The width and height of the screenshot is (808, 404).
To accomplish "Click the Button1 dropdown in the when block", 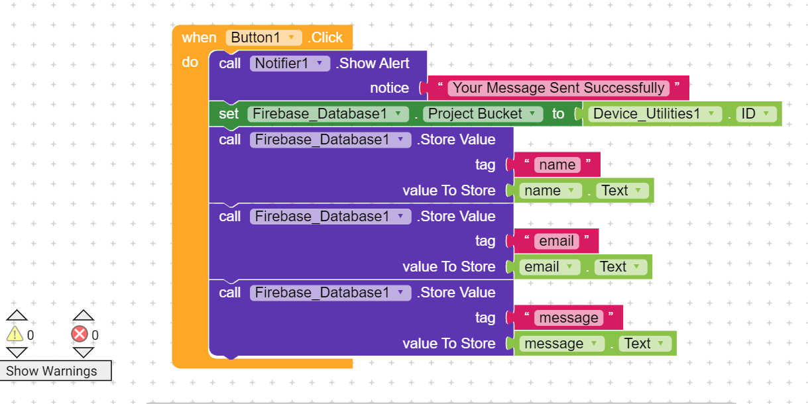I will point(263,38).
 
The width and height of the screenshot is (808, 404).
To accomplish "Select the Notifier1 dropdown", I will point(290,64).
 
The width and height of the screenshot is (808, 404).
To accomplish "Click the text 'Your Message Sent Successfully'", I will point(558,88).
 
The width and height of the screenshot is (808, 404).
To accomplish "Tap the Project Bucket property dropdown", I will point(483,114).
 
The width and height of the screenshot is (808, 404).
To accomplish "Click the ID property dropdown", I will point(756,114).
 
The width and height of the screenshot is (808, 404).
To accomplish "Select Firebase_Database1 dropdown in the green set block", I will point(328,114).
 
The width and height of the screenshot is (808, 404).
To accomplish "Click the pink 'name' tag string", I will point(557,165).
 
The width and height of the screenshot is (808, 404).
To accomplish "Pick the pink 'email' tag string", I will point(556,241).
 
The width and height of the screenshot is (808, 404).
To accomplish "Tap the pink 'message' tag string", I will point(568,318).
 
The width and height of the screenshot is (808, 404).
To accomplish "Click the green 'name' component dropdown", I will point(550,191).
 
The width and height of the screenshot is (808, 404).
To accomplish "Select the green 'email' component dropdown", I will point(549,267).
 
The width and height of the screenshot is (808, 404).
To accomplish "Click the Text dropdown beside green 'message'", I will point(645,344).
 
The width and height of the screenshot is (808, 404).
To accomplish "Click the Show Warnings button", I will point(52,371).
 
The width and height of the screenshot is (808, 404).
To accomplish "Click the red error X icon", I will point(80,334).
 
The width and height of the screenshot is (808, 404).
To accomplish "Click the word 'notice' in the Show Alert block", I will point(389,88).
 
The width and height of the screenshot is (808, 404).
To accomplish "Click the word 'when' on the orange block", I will point(199,38).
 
